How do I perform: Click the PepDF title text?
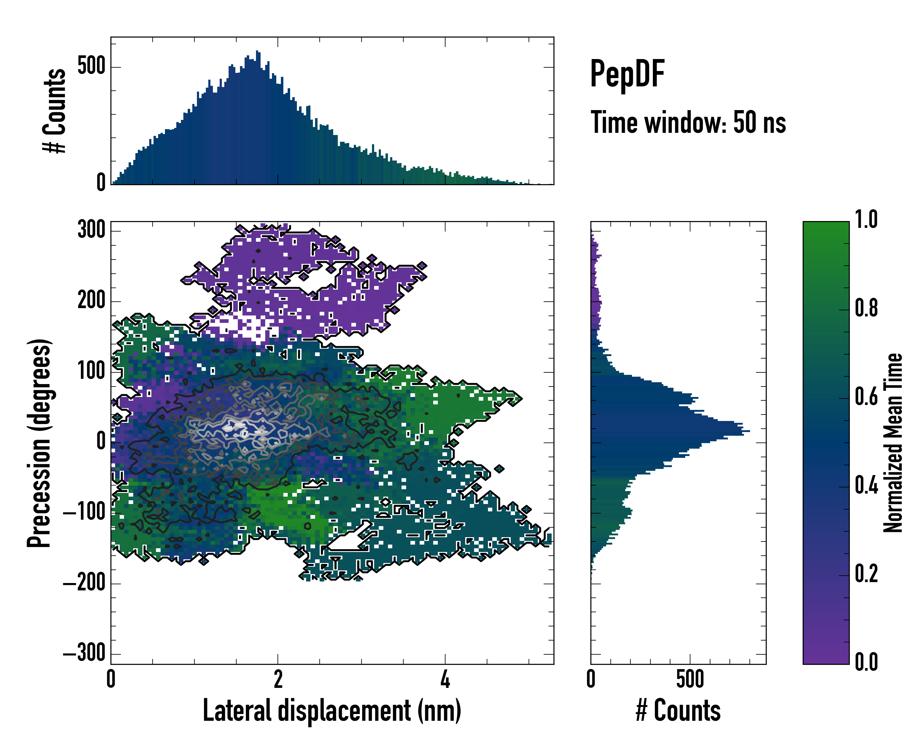point(627,74)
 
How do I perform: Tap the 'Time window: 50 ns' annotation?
point(688,123)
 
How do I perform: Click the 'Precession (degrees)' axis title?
point(39,443)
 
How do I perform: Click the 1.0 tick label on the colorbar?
point(866,220)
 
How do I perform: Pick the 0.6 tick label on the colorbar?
point(866,397)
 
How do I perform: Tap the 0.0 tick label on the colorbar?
point(866,661)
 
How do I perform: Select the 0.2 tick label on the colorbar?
point(866,573)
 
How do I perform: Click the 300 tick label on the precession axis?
point(91,230)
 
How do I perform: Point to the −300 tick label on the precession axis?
point(84,653)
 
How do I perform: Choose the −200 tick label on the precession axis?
point(84,583)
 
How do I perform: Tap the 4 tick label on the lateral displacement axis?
point(445,679)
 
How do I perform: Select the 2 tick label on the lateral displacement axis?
point(278,679)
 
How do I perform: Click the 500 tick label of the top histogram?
point(91,66)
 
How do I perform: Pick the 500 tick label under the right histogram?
point(690,679)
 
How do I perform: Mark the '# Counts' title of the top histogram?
point(55,110)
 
